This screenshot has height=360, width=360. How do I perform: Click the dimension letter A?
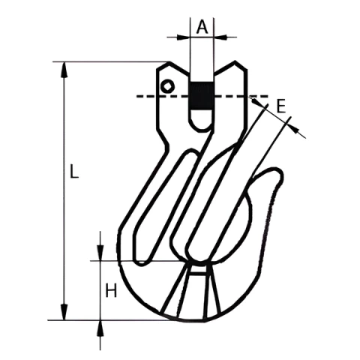coord(202,27)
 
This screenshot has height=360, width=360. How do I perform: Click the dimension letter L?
coord(73,171)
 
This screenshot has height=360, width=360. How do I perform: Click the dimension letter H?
coord(111,290)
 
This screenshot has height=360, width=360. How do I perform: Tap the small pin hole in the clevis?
coord(167,86)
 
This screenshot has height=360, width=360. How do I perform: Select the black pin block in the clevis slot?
coord(202,95)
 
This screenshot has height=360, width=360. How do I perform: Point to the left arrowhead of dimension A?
coord(183,37)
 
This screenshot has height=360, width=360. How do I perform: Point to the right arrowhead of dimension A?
coord(220,37)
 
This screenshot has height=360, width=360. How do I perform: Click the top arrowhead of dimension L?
coord(64,70)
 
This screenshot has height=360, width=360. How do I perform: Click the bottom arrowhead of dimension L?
coord(64,312)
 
